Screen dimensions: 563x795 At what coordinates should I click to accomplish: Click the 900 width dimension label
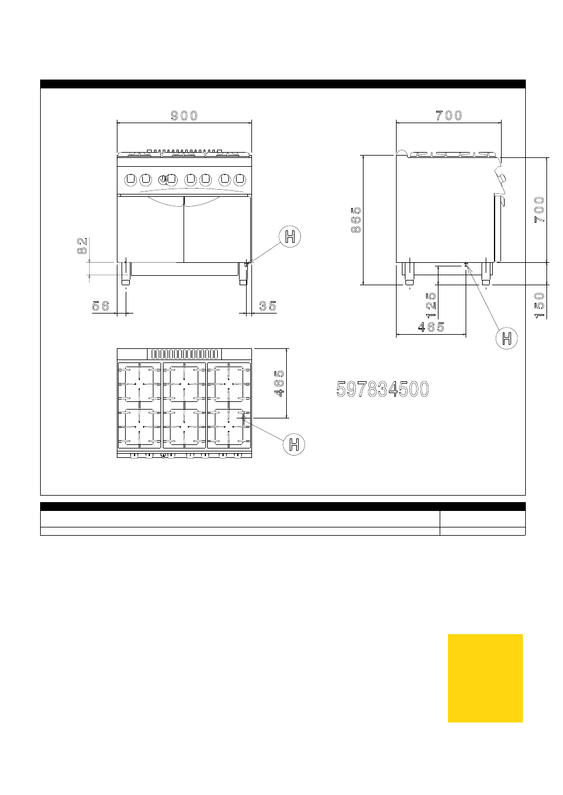click(184, 116)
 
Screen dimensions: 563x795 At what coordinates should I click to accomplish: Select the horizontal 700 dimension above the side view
click(449, 116)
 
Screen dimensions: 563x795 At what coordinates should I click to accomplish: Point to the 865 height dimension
click(356, 220)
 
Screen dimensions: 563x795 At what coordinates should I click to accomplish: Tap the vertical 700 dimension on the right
click(539, 210)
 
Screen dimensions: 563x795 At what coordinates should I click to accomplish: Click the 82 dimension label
click(82, 246)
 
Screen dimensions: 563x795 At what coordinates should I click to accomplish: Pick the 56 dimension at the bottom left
click(100, 306)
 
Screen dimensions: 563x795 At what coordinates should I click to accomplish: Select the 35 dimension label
click(268, 306)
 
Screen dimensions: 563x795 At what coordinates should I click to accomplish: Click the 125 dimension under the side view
click(431, 305)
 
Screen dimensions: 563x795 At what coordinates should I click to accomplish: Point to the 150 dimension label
click(539, 305)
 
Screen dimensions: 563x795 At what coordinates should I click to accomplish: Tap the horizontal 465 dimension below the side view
click(431, 327)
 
